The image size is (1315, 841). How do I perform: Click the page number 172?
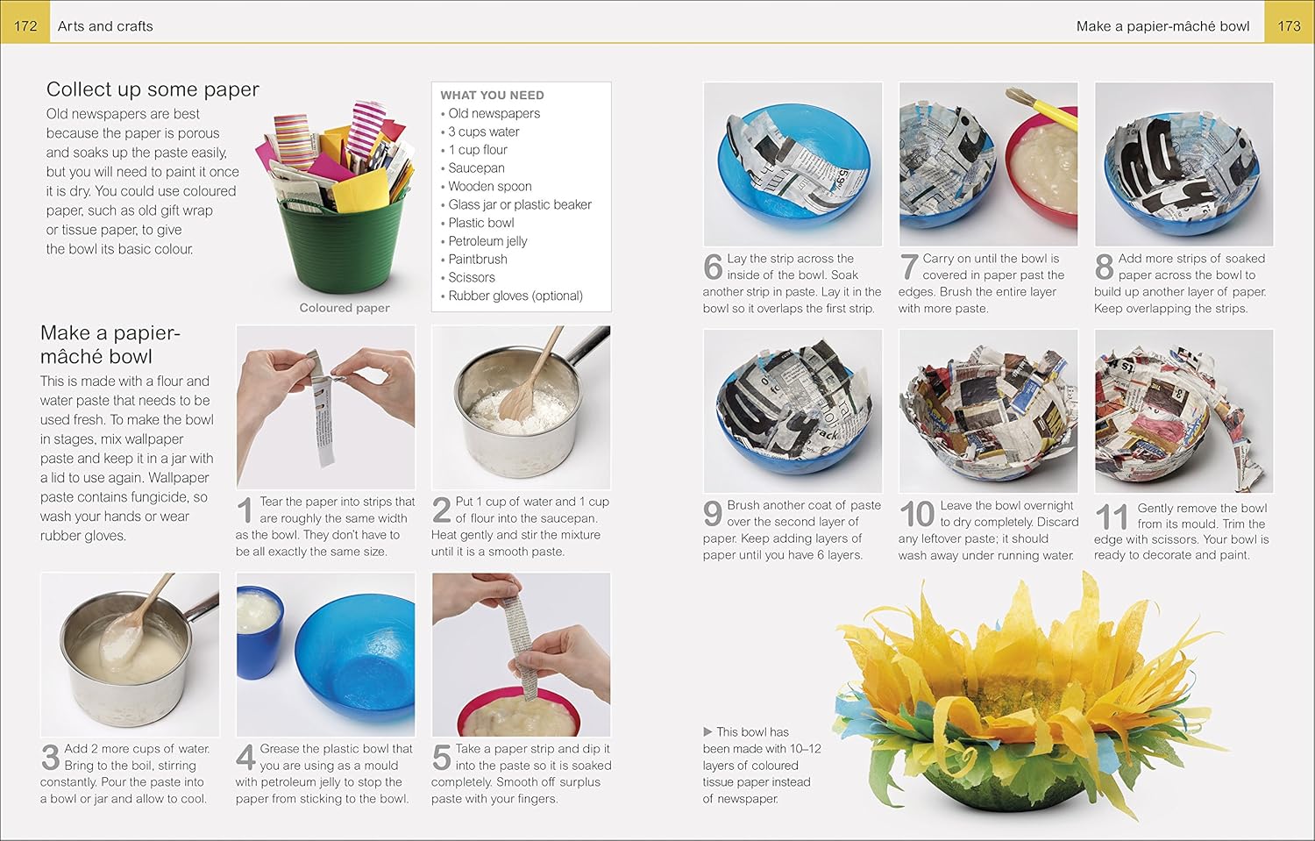(x=25, y=26)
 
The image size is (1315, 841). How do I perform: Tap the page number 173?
(x=1290, y=26)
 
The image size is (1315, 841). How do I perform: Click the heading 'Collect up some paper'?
(x=153, y=89)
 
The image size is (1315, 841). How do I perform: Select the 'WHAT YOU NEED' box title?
(x=492, y=95)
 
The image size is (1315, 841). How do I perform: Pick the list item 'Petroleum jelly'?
(x=487, y=241)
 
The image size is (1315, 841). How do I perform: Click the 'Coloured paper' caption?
(x=345, y=308)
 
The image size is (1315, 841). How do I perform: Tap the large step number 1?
(x=245, y=510)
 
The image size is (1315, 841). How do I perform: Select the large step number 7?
(x=909, y=267)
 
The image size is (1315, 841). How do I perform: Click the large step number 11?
(x=1112, y=517)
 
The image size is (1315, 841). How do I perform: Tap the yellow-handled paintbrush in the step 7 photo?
(x=1042, y=107)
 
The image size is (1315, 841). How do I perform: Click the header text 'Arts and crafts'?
(x=105, y=26)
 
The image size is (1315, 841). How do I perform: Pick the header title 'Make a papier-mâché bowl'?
(x=1163, y=26)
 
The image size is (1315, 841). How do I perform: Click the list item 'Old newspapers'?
(x=494, y=113)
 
